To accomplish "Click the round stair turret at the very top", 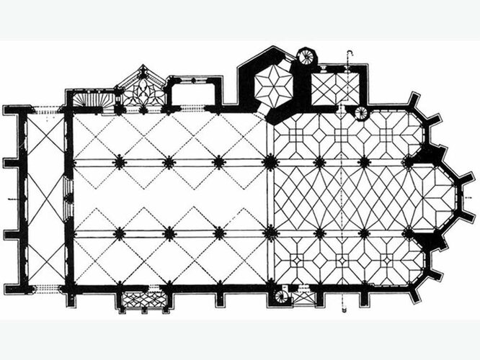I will click(307, 56).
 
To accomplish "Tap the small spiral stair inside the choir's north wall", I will click(360, 112).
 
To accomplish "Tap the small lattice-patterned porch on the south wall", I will click(141, 299).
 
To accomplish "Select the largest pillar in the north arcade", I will click(270, 163).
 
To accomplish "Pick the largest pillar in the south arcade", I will click(270, 232).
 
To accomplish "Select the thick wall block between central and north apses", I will click(431, 153).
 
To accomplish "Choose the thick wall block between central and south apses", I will click(431, 240).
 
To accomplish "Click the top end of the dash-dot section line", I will click(350, 52).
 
